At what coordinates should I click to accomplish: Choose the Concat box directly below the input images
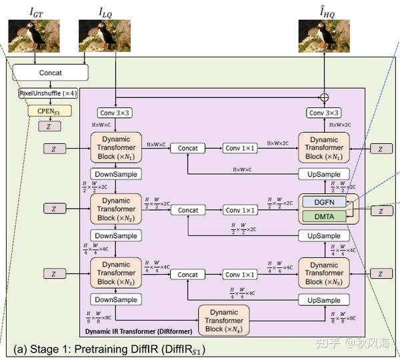click(x=50, y=72)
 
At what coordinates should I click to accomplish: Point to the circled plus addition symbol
click(x=325, y=97)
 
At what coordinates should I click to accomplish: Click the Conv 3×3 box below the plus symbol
click(x=324, y=113)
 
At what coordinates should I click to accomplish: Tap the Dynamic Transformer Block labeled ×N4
click(x=223, y=320)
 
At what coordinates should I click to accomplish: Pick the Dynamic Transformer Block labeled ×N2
click(x=116, y=209)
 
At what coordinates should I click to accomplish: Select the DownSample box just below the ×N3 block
click(x=116, y=300)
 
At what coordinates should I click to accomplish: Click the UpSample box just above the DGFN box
click(x=323, y=174)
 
